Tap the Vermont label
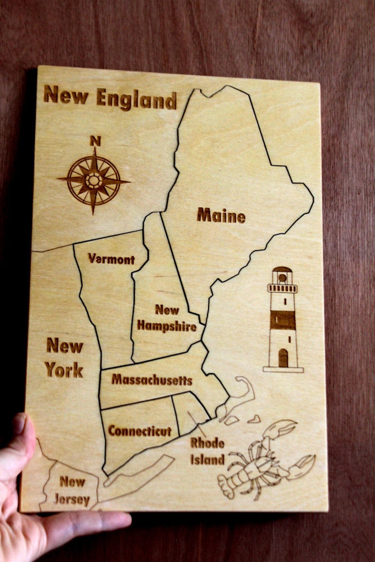(x=111, y=259)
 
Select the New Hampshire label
(x=166, y=319)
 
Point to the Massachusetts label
(x=152, y=380)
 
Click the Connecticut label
(x=140, y=431)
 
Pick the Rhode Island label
(x=207, y=451)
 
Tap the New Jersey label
(x=72, y=490)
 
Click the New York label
(x=65, y=358)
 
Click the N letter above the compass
(x=95, y=141)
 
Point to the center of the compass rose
(x=93, y=180)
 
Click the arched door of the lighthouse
(x=283, y=358)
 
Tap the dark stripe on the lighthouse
(x=283, y=320)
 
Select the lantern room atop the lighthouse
(x=282, y=276)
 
